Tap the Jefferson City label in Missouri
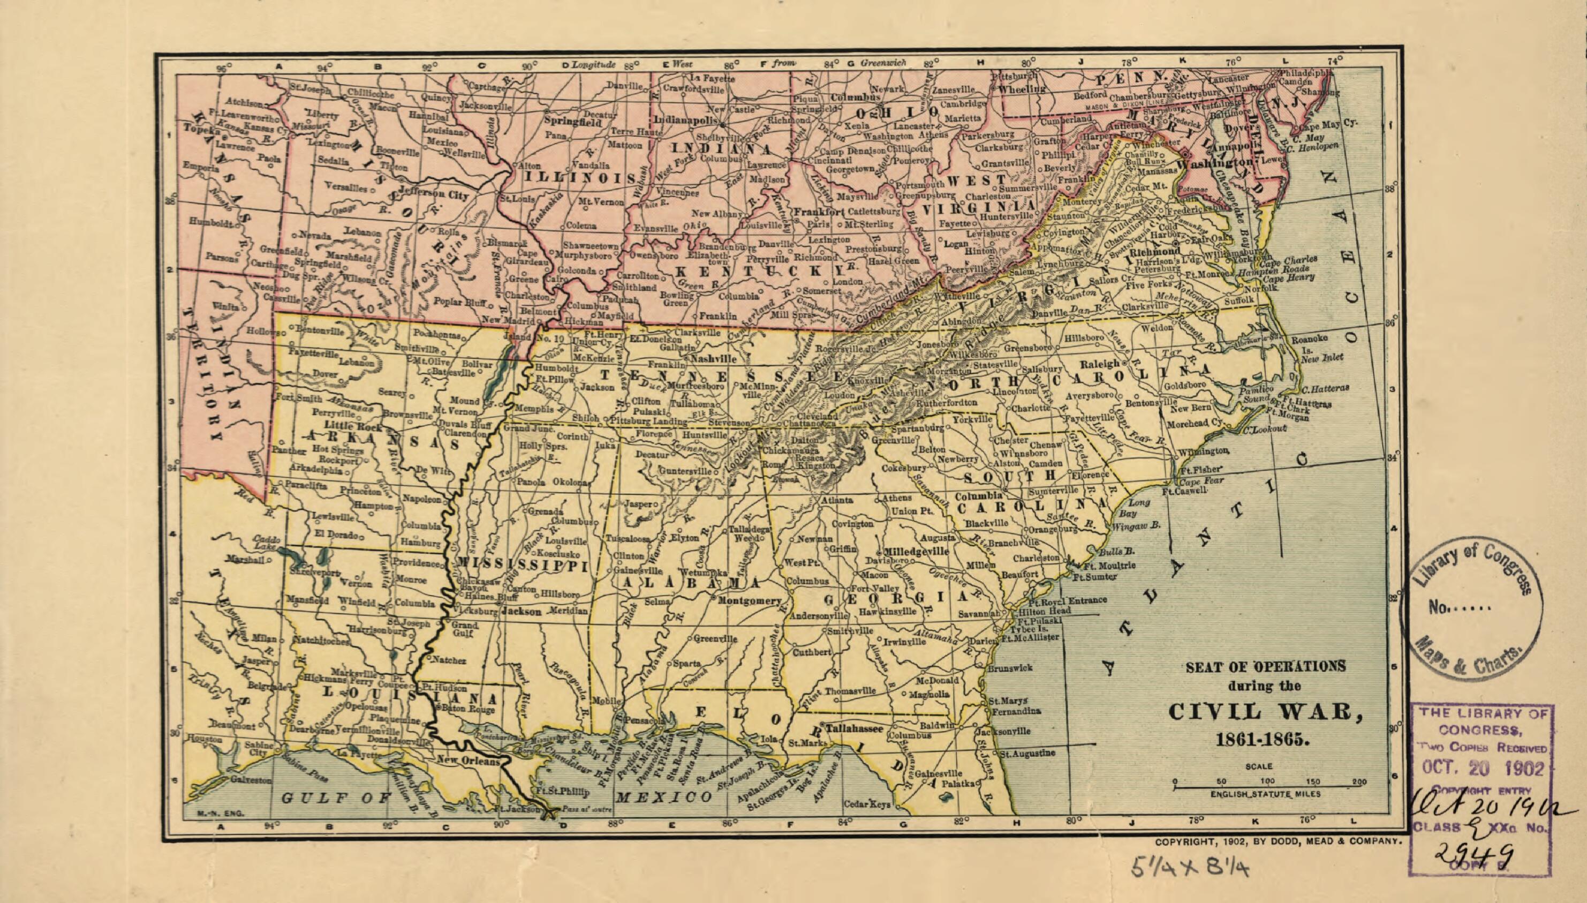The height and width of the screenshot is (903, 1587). tap(433, 193)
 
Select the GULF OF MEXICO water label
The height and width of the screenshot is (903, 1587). tap(496, 797)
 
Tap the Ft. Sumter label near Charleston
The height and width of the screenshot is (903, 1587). tap(1095, 577)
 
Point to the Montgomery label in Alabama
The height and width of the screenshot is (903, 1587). tap(750, 600)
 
